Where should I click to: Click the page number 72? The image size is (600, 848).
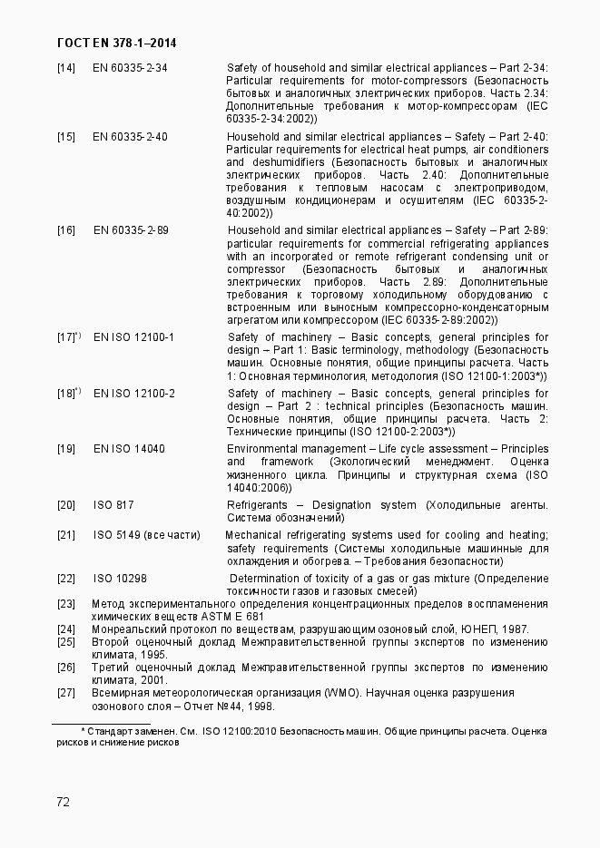64,802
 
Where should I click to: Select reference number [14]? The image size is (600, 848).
65,68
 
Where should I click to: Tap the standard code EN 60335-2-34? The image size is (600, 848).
130,68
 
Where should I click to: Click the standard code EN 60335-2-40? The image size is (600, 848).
130,137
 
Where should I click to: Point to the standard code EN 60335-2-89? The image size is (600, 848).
131,230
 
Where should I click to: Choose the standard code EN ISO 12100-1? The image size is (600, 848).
133,337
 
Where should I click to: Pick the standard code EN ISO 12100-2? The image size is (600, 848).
133,394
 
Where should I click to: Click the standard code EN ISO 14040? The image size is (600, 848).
129,449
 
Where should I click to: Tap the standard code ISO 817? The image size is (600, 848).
113,505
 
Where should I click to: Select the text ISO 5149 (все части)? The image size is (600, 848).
146,535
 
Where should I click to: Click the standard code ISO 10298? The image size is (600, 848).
120,578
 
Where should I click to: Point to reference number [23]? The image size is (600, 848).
65,604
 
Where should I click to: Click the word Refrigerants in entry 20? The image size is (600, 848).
257,505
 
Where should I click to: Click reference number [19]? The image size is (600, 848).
65,449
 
